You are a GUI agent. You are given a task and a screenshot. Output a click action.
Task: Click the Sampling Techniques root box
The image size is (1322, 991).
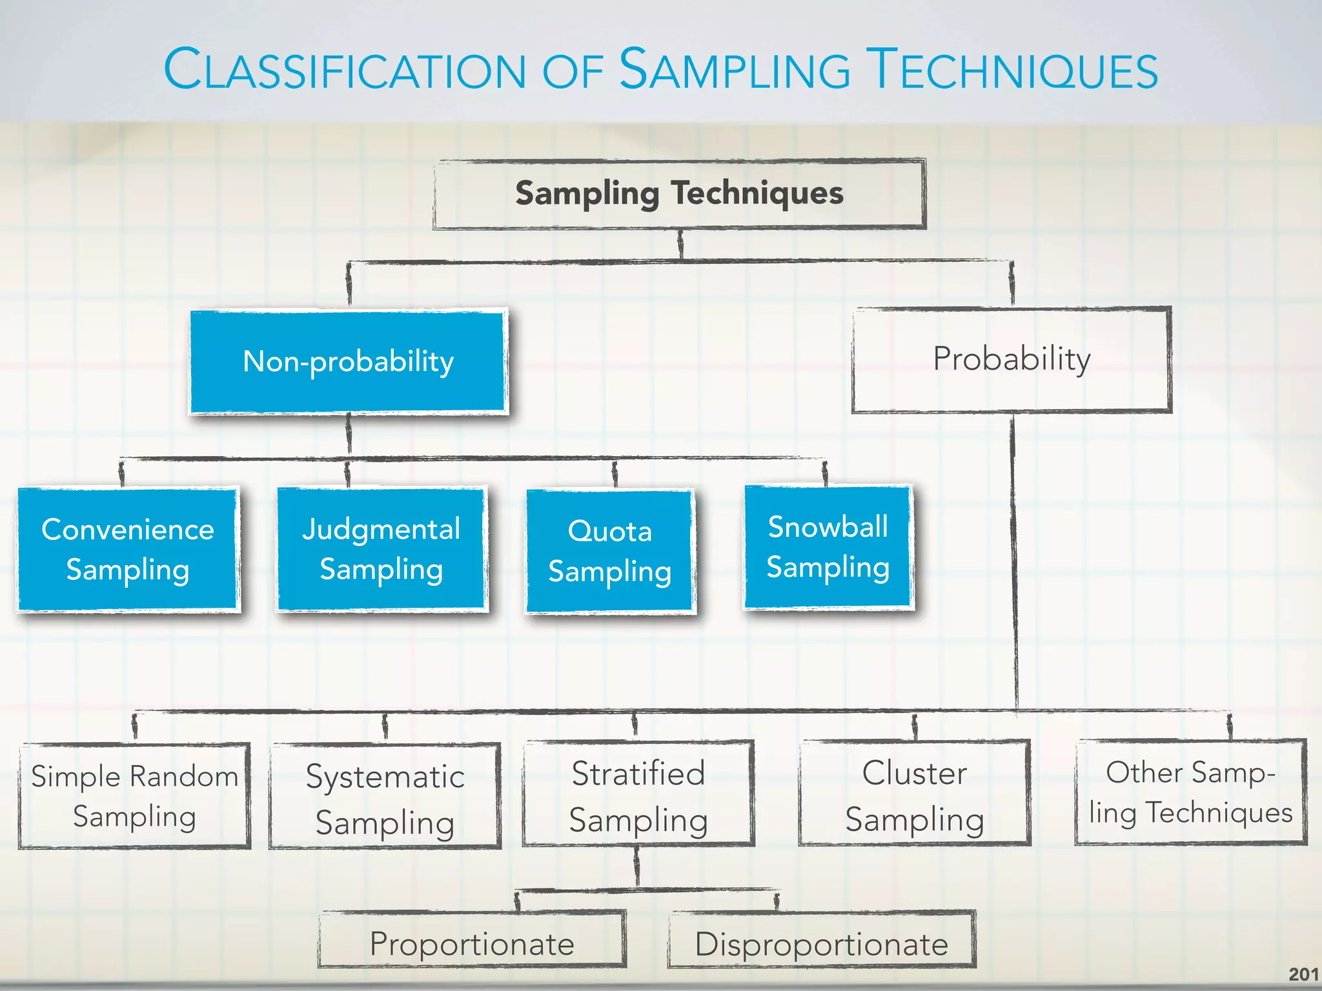click(x=679, y=194)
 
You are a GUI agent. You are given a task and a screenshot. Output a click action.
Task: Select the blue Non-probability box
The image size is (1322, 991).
click(x=349, y=361)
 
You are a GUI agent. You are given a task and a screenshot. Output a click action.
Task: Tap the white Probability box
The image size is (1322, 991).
click(x=1012, y=359)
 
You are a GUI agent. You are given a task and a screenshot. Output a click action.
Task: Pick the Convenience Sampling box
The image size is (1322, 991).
click(x=128, y=549)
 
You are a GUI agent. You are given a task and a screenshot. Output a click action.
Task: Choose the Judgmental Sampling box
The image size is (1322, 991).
click(x=381, y=549)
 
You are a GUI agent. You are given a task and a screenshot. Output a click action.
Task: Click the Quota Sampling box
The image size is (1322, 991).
click(x=610, y=551)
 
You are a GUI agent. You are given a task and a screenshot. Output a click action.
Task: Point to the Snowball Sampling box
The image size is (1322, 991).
click(x=828, y=547)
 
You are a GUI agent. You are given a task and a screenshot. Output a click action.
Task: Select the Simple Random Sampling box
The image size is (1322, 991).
click(x=134, y=796)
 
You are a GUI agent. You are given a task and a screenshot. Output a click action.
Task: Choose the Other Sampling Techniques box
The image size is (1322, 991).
click(x=1190, y=792)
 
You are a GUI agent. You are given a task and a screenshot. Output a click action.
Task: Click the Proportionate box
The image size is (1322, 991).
click(x=472, y=943)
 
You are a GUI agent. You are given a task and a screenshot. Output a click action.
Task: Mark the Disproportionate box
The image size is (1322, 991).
click(x=821, y=943)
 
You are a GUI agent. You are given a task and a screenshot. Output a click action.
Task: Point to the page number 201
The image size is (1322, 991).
click(x=1303, y=974)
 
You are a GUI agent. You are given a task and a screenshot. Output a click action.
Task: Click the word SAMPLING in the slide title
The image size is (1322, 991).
click(x=735, y=70)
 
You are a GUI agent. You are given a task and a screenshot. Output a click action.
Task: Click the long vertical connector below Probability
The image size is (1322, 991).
click(x=1014, y=561)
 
